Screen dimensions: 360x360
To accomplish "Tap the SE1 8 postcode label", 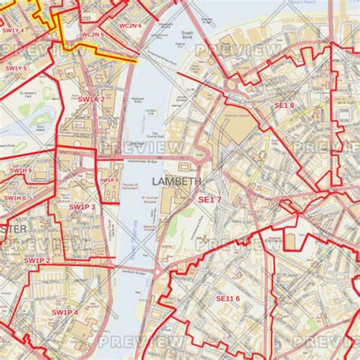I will pos(284,106).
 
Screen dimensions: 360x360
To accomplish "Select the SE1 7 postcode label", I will pos(210,200).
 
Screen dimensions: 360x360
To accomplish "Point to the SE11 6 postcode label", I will pos(227,298).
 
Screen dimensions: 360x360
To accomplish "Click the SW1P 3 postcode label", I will pos(81,206).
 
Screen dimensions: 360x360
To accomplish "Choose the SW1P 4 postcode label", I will pos(65,312).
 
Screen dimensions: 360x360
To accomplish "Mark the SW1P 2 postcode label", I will pos(37,261).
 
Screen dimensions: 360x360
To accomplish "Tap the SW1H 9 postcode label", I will pos(20,171).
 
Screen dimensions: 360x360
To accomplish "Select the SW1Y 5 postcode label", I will pos(15,69).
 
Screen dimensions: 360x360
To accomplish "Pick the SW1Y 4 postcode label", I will pos(13,30).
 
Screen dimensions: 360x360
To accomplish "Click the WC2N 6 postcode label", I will pos(130,25).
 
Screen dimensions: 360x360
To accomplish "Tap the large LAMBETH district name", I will pos(176,182).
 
